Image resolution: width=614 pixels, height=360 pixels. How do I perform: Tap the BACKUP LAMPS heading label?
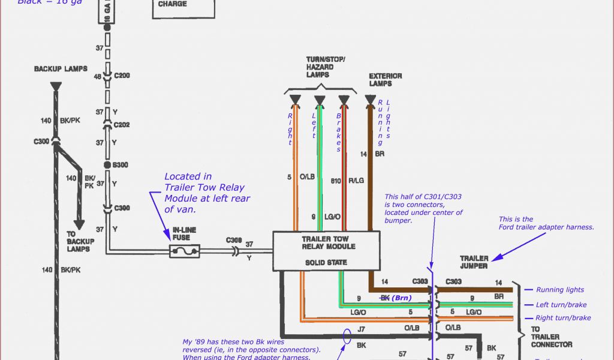(61, 69)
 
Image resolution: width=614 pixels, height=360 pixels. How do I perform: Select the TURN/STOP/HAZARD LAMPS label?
(326, 67)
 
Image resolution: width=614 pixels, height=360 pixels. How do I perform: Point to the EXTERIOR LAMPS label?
(386, 80)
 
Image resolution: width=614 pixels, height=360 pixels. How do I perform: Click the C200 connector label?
(137, 76)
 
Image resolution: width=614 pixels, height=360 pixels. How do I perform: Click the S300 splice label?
(137, 164)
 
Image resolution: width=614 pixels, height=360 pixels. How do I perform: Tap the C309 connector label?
(233, 240)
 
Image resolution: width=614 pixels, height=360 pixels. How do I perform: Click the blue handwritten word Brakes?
(339, 132)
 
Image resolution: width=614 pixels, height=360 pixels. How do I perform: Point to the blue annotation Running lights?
(559, 290)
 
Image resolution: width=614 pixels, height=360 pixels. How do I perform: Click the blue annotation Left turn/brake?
(561, 305)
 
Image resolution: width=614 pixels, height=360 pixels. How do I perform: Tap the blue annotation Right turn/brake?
(563, 318)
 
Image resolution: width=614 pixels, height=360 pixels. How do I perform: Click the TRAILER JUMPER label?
(474, 262)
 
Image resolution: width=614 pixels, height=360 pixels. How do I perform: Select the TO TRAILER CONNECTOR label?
(551, 337)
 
